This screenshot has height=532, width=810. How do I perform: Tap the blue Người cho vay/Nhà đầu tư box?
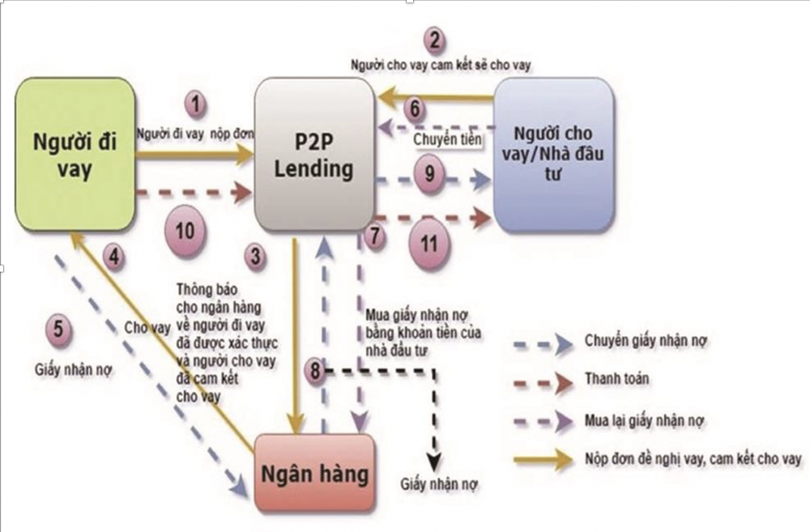[554, 155]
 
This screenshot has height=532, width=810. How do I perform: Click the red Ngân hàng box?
[316, 473]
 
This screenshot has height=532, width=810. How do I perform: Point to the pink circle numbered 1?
[195, 104]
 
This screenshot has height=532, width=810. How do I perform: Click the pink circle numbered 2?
[435, 40]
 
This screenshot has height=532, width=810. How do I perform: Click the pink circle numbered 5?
[58, 330]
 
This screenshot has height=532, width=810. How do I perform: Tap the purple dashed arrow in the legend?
[543, 421]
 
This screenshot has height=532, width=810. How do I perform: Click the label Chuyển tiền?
[444, 140]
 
